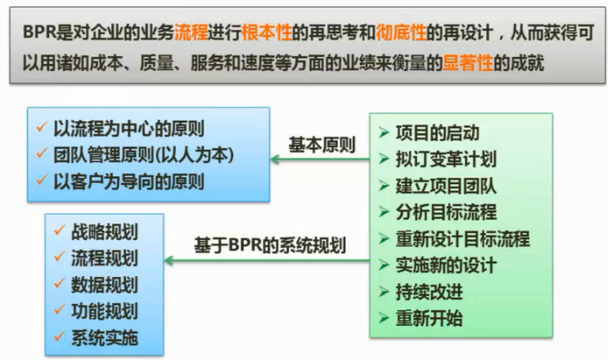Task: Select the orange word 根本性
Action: click(266, 33)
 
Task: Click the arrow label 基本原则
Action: click(320, 145)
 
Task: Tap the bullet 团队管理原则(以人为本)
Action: click(143, 156)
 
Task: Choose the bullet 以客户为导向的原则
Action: click(129, 181)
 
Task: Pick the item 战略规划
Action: click(104, 232)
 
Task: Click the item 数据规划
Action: click(104, 284)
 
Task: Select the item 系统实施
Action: click(104, 337)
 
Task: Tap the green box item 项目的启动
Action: click(437, 133)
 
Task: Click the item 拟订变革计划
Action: click(446, 159)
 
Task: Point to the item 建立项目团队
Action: click(446, 186)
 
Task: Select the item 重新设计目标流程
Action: click(463, 238)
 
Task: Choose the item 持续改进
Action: click(430, 291)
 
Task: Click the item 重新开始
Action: click(430, 318)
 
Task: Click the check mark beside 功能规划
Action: click(58, 310)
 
